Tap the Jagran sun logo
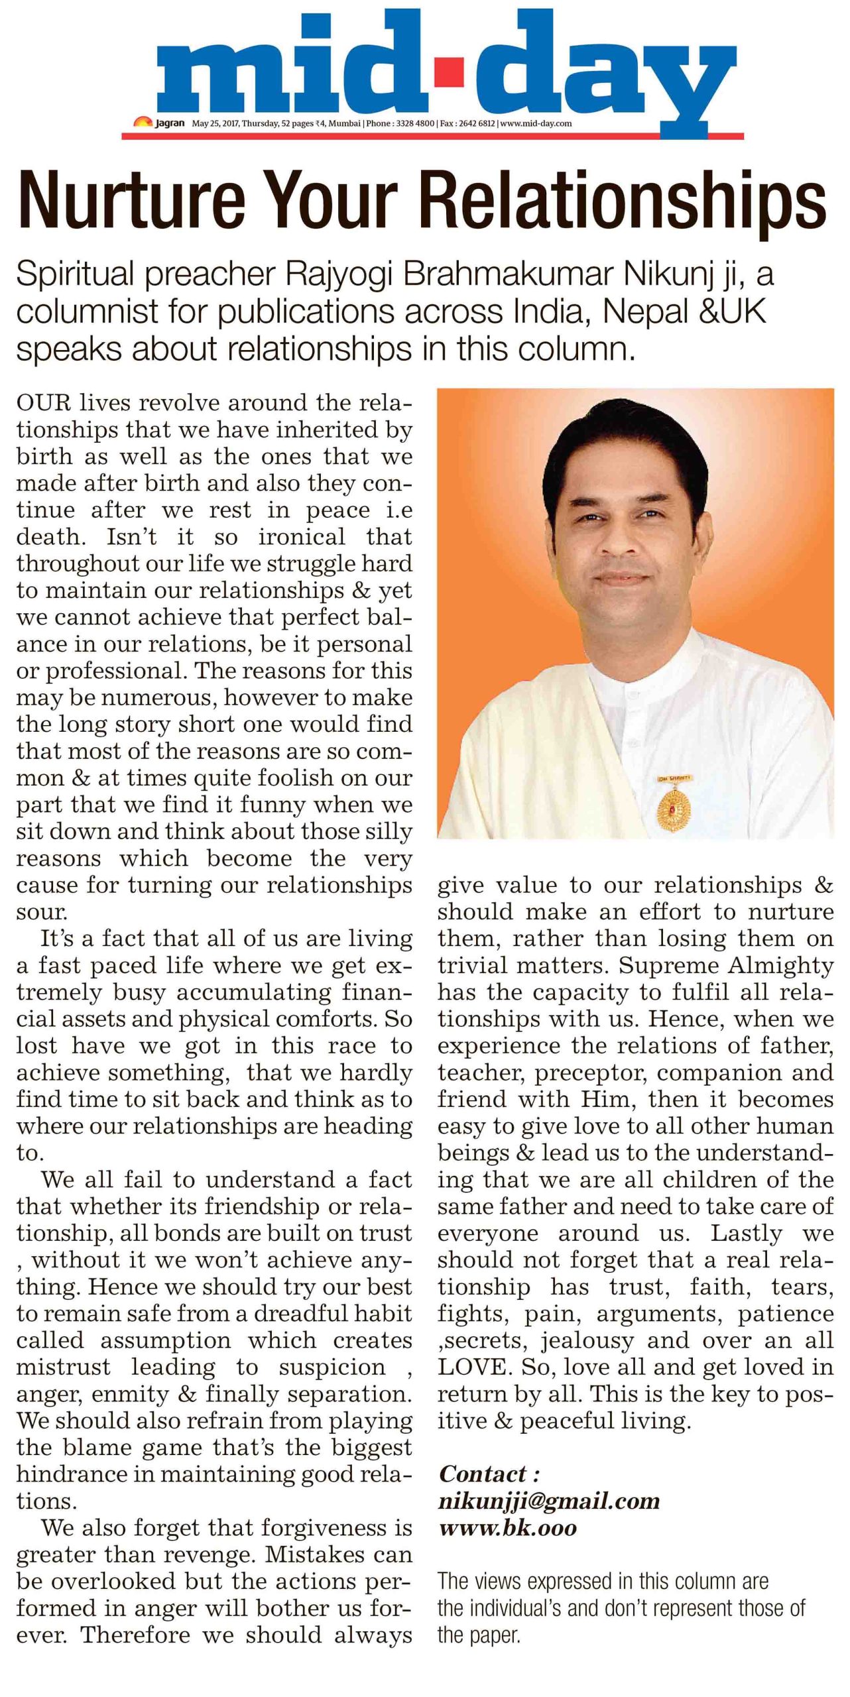pyautogui.click(x=143, y=122)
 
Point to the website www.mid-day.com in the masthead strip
pyautogui.click(x=536, y=123)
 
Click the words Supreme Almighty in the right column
pyautogui.click(x=726, y=965)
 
